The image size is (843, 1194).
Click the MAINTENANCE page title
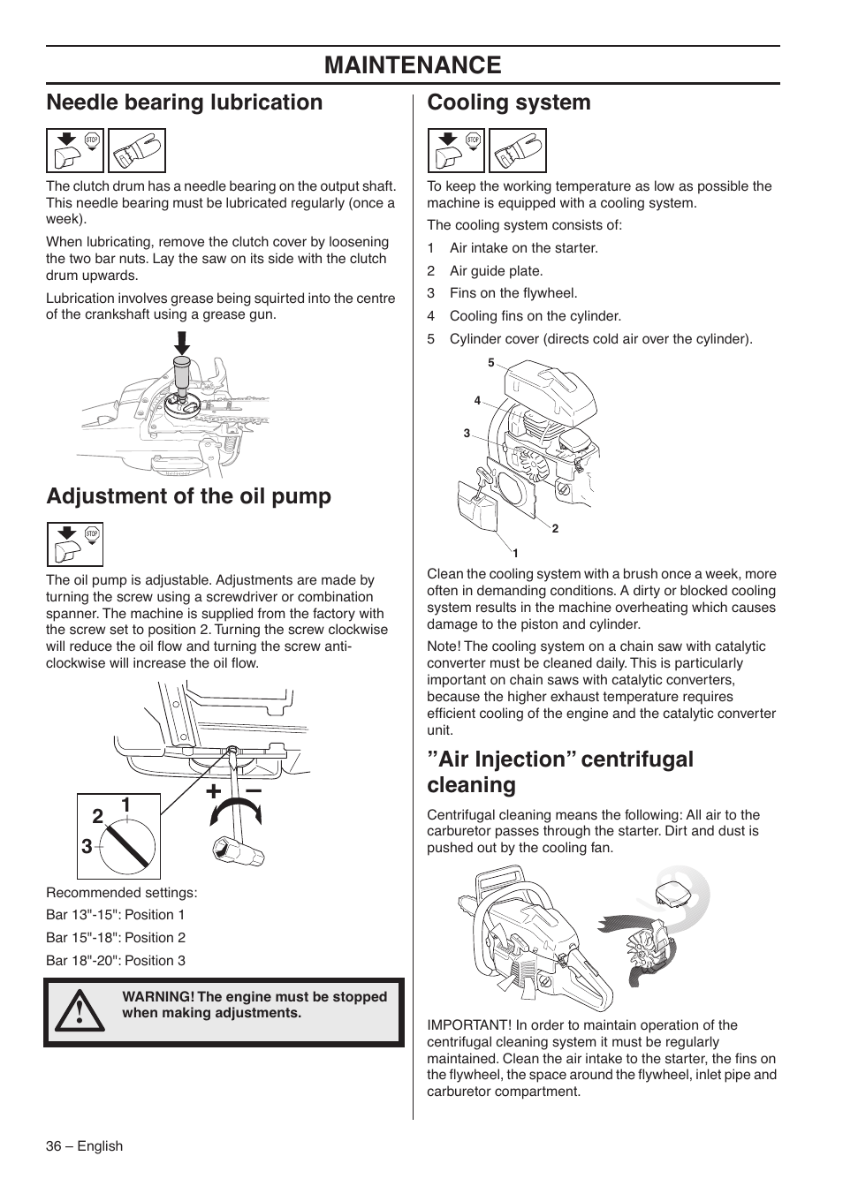(x=413, y=64)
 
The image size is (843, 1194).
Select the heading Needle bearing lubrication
(x=185, y=102)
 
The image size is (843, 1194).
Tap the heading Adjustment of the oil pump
(x=188, y=496)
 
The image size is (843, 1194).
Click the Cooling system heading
(x=509, y=102)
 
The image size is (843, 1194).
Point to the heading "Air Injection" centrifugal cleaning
(x=560, y=772)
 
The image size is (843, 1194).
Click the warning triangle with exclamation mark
(x=79, y=1012)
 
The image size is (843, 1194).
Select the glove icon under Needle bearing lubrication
(x=137, y=150)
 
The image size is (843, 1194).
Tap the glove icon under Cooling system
(x=518, y=150)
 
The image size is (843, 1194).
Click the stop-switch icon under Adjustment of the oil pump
(x=75, y=544)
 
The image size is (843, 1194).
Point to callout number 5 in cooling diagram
(x=491, y=363)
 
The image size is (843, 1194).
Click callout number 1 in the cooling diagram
(x=515, y=553)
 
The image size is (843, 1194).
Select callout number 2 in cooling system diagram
(x=555, y=528)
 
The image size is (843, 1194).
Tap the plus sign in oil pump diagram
(x=213, y=792)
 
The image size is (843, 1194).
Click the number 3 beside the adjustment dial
(x=87, y=846)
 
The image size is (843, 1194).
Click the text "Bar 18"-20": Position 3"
(x=116, y=961)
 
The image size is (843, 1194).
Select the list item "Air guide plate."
(x=496, y=271)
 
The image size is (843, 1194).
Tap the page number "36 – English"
(x=84, y=1146)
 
